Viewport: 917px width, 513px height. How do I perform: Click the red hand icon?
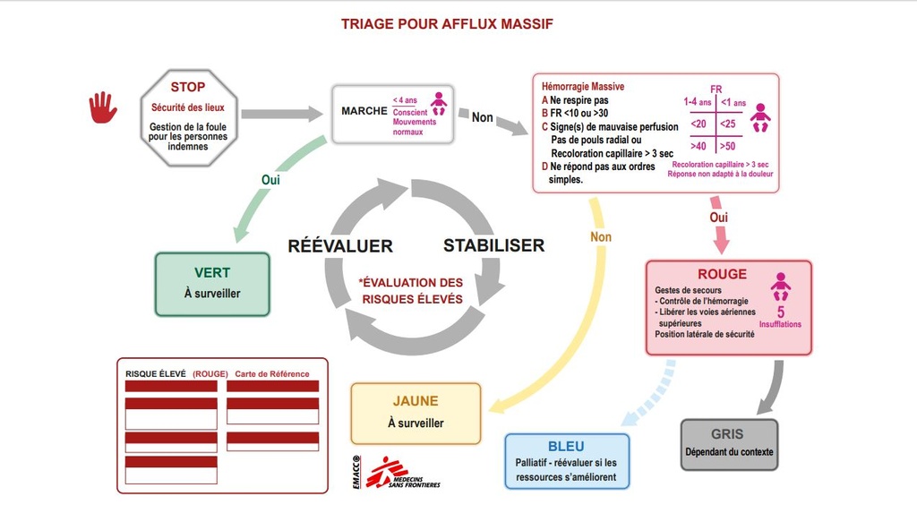102,107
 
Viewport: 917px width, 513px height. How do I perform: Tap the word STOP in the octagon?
188,87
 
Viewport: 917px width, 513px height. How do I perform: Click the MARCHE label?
363,111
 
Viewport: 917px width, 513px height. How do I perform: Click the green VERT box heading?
212,272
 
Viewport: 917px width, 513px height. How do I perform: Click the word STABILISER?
493,245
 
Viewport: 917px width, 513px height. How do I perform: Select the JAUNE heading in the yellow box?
416,401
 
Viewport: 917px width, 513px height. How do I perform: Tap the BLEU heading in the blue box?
566,447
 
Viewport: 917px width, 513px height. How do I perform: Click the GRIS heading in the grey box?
728,433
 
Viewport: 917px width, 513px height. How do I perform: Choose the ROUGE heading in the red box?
722,274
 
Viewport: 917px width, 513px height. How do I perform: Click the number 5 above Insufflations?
781,312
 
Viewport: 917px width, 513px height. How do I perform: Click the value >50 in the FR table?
727,146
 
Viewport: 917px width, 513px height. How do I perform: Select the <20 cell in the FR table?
698,124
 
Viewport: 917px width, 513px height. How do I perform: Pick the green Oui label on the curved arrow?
271,179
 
